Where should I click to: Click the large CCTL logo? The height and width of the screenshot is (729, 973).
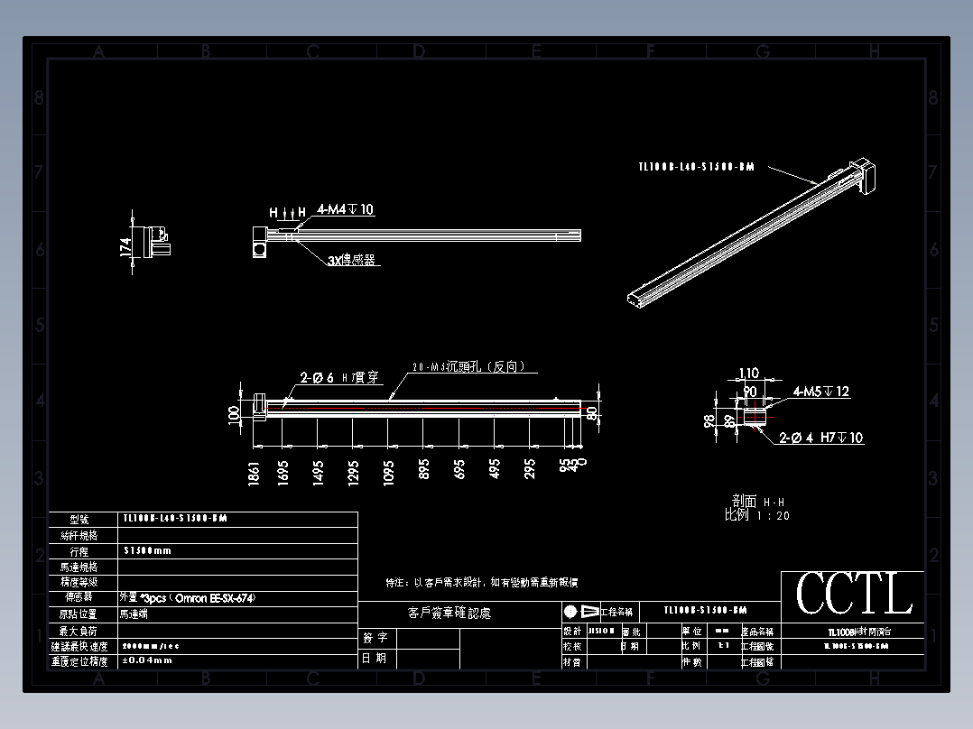point(853,595)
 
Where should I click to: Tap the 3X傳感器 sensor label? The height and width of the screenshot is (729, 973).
point(351,260)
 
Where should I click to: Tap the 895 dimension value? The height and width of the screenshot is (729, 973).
point(424,471)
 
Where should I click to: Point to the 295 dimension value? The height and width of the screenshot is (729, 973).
point(530,470)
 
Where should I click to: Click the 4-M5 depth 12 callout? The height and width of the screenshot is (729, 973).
point(821,392)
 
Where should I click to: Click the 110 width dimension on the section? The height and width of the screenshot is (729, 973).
point(749,374)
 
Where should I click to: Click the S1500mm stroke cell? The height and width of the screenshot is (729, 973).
point(147,550)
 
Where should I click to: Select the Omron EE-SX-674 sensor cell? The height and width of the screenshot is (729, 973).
point(181,597)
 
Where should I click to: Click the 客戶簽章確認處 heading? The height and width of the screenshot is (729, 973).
point(449,614)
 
